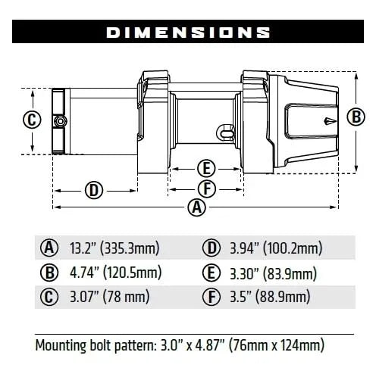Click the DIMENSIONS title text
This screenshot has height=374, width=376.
click(188, 33)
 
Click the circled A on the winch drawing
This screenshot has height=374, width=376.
click(196, 206)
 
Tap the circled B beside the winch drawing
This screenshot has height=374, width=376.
click(354, 117)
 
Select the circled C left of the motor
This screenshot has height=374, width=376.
click(30, 120)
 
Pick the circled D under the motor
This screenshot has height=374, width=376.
click(94, 189)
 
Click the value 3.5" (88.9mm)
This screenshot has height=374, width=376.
click(268, 296)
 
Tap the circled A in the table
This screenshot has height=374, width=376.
click(50, 248)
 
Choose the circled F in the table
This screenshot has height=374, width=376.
click(211, 296)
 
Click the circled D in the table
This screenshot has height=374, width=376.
click(211, 248)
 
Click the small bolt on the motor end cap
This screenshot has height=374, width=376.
click(58, 121)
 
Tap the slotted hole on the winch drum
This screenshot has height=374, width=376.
click(227, 130)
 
